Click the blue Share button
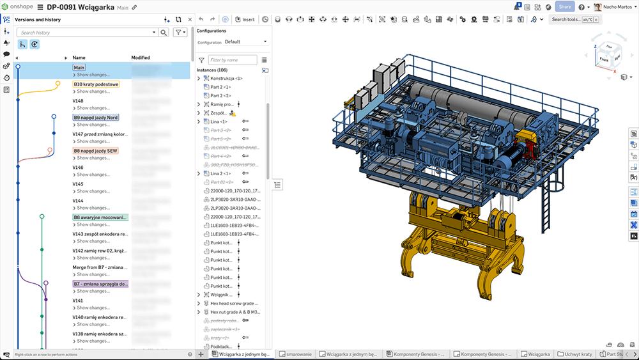(564, 7)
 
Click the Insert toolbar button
(245, 19)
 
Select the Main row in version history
(79, 67)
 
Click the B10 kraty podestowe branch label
(96, 84)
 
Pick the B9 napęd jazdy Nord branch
(95, 118)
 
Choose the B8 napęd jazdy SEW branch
(95, 151)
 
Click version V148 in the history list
(78, 101)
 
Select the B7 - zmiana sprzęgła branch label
(100, 283)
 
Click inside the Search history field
(86, 32)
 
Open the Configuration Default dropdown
(246, 42)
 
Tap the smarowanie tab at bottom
(300, 354)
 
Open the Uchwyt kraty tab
(574, 354)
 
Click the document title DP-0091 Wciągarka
(81, 7)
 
